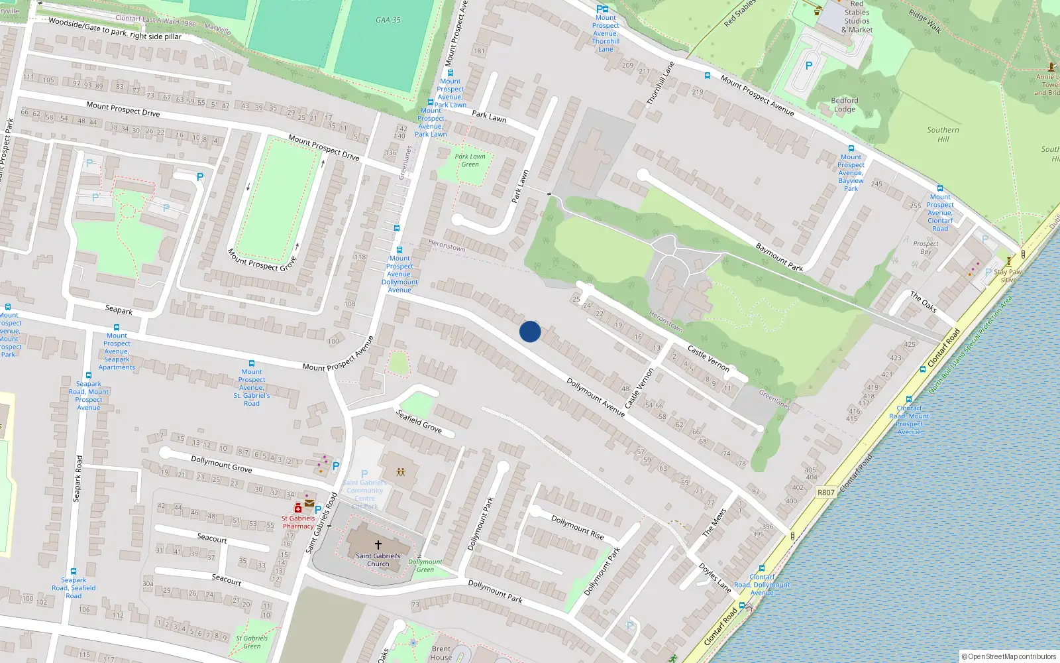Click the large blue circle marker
(530, 331)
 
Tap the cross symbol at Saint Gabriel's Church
(378, 545)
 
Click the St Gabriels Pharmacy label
(298, 522)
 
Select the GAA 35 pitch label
(388, 20)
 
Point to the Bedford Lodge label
(845, 105)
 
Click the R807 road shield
(825, 493)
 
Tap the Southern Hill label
(943, 135)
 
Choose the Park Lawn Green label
(470, 160)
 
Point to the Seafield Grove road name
(419, 421)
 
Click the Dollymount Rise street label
(578, 528)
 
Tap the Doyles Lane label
(715, 577)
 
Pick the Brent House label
(441, 653)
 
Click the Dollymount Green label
(425, 566)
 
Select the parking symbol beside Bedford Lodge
(808, 66)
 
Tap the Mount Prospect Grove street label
(262, 260)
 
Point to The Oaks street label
(924, 302)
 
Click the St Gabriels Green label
(252, 642)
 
